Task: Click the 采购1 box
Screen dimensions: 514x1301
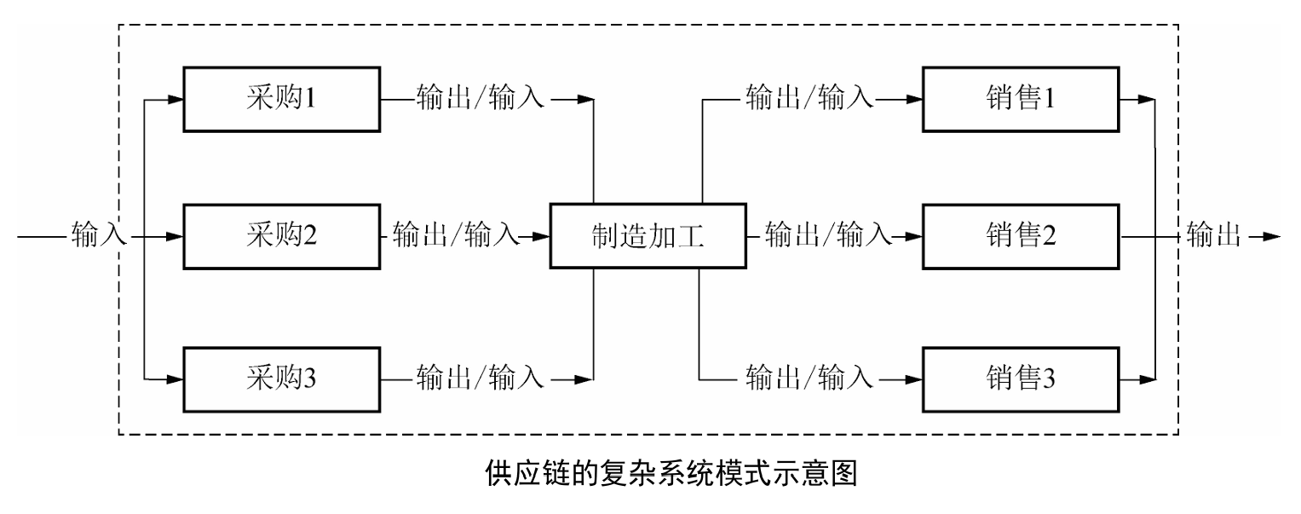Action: (x=282, y=100)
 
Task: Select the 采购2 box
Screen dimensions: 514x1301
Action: (x=282, y=235)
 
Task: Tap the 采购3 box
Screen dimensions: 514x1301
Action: (x=282, y=377)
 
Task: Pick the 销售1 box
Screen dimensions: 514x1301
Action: (x=1020, y=100)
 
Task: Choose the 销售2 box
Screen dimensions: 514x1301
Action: (x=1020, y=235)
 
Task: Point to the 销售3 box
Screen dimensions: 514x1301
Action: (x=1020, y=377)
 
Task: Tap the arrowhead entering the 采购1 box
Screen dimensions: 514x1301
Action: (x=176, y=100)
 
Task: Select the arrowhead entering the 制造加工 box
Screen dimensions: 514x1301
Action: (x=542, y=235)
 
